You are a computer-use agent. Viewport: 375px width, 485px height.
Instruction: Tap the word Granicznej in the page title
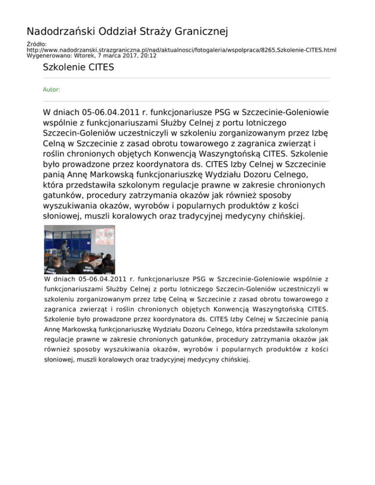(x=201, y=32)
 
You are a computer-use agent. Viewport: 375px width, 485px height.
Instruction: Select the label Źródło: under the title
(x=36, y=44)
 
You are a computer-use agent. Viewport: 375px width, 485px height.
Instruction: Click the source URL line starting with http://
(x=181, y=50)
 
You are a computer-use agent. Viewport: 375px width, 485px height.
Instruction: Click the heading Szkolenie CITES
(x=79, y=67)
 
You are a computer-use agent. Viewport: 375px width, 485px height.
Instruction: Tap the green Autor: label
(x=52, y=90)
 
